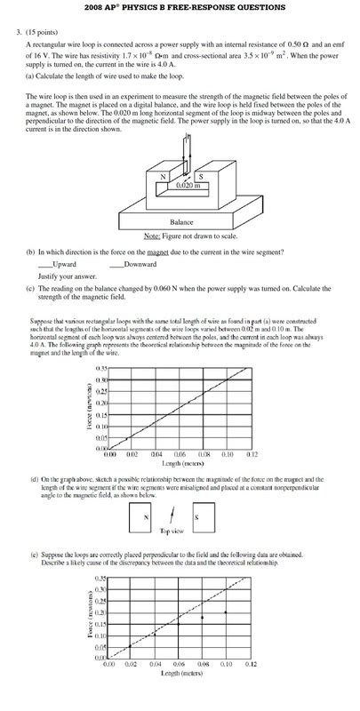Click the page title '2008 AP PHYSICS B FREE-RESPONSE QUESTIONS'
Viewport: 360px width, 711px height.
pyautogui.click(x=180, y=7)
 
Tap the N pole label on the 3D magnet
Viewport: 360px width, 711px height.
pyautogui.click(x=163, y=176)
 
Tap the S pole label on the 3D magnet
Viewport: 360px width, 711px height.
pyautogui.click(x=201, y=176)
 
